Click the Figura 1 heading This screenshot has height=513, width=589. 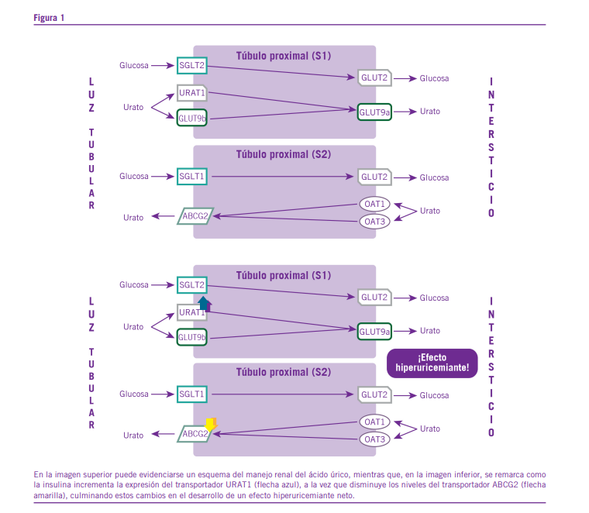(49, 17)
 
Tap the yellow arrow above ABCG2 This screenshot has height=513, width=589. (210, 424)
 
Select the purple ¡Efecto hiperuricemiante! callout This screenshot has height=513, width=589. (432, 363)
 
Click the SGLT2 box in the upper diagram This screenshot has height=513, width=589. (192, 66)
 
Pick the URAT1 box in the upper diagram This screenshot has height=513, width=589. (191, 93)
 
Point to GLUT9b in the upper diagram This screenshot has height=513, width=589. (191, 119)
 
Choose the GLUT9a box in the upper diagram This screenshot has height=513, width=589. (374, 112)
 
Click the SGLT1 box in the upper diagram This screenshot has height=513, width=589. (191, 177)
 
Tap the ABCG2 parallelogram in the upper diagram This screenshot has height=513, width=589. (195, 216)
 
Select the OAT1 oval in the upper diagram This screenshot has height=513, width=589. (375, 204)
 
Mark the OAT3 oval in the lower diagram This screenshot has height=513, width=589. (375, 439)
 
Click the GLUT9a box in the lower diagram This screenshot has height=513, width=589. (374, 331)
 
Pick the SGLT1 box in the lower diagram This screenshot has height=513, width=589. (191, 394)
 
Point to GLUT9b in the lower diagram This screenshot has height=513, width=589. (191, 337)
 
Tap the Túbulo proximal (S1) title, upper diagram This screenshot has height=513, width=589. (284, 57)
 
